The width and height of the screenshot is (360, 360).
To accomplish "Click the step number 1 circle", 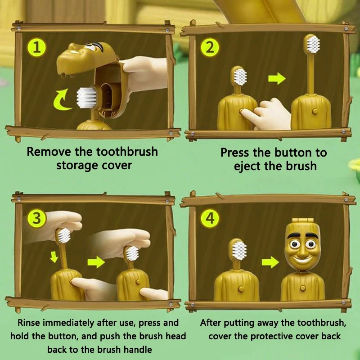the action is point(37,48).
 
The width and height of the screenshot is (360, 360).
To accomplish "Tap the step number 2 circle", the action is point(210,48).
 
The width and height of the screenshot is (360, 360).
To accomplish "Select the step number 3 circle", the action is point(37,218).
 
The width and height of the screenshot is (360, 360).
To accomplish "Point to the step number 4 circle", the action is point(210,218).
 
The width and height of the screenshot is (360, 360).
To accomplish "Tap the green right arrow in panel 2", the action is point(277,78).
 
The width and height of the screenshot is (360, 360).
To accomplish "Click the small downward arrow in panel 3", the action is point(54,257).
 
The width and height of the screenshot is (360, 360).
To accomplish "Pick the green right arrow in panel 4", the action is point(270,262).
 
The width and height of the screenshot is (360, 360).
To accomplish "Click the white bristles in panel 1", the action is point(86,98).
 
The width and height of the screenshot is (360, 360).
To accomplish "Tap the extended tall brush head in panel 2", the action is point(312,44).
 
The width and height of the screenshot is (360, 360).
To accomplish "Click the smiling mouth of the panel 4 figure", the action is point(302,260).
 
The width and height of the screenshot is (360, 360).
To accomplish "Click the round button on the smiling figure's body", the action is point(302,288).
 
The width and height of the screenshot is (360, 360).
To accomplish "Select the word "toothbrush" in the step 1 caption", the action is point(127,152).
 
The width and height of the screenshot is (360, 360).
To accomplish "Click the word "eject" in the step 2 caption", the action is point(247,166).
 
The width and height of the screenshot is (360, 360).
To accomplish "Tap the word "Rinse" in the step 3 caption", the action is point(29,323).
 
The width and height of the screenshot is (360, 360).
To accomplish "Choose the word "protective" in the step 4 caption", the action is point(272,337).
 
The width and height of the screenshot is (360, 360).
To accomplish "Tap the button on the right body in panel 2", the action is point(315,112).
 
